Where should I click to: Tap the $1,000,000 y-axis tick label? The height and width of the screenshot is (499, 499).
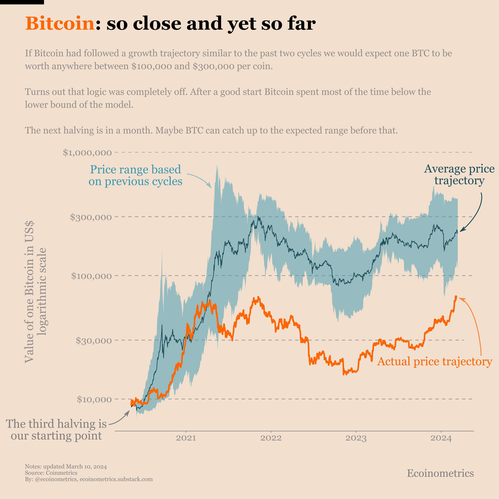pos(87,153)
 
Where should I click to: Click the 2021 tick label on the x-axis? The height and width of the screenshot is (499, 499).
pos(186,438)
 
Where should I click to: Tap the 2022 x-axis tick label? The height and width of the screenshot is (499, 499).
pos(271,438)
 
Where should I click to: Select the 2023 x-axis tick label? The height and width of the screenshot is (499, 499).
pos(356,438)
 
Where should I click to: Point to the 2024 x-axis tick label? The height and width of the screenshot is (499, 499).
pos(441,438)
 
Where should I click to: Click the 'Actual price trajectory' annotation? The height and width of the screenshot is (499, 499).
pos(435,361)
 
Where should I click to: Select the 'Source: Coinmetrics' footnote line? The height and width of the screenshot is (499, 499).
pos(51,473)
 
